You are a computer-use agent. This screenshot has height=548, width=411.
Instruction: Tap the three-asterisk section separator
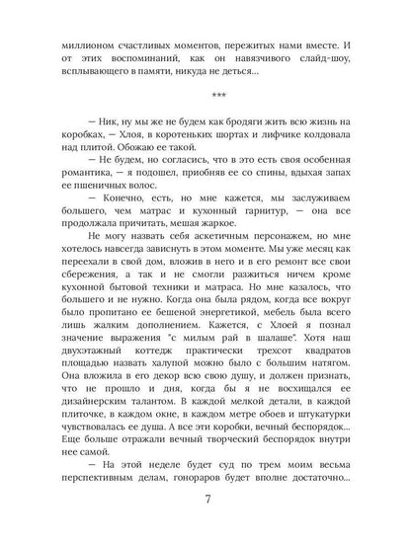tap(205, 98)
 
